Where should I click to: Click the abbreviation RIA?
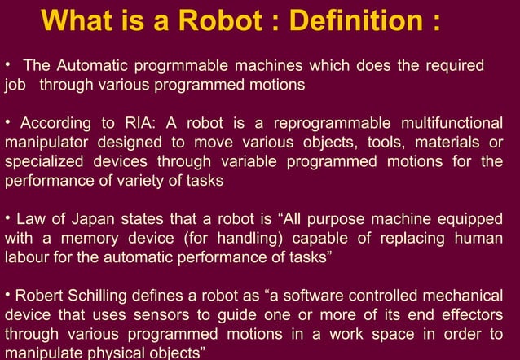click(x=139, y=123)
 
